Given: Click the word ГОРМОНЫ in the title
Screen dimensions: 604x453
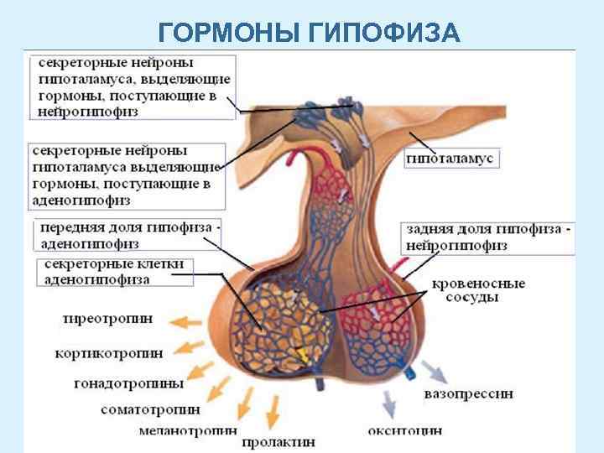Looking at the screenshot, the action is pos(227,33).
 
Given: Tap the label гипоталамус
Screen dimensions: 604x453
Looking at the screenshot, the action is pos(452,159).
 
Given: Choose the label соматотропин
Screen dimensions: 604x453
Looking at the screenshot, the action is pos(150,410).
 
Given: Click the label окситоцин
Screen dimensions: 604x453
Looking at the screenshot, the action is pos(405,431).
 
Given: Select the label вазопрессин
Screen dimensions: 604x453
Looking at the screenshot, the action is pos(469,393).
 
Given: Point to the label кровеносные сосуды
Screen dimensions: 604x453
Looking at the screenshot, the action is pos(478,290).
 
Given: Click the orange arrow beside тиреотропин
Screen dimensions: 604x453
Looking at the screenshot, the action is pos(184,320).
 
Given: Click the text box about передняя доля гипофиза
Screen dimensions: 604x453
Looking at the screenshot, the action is pos(126,236).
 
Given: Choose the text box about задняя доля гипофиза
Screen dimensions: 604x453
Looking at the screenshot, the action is pos(489,237).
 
